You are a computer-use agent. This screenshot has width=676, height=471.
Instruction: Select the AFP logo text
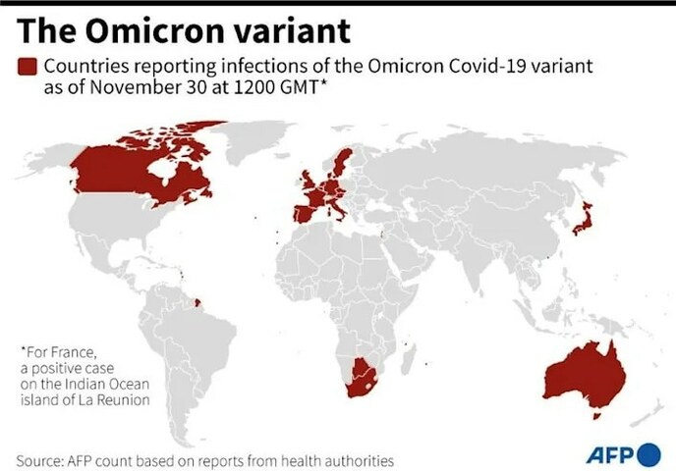click(x=610, y=454)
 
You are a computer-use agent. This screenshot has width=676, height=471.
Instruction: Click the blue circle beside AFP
click(x=648, y=454)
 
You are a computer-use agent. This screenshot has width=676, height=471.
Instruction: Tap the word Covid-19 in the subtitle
click(x=471, y=66)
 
